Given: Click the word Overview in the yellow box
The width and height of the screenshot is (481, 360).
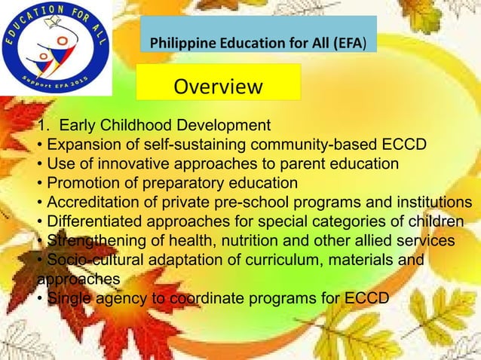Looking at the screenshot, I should click(x=218, y=88).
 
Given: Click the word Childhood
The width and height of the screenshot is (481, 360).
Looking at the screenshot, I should click(x=139, y=124).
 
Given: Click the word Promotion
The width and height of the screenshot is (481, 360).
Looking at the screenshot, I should click(x=84, y=184).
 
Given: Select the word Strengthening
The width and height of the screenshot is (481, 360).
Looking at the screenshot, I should click(x=91, y=242).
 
